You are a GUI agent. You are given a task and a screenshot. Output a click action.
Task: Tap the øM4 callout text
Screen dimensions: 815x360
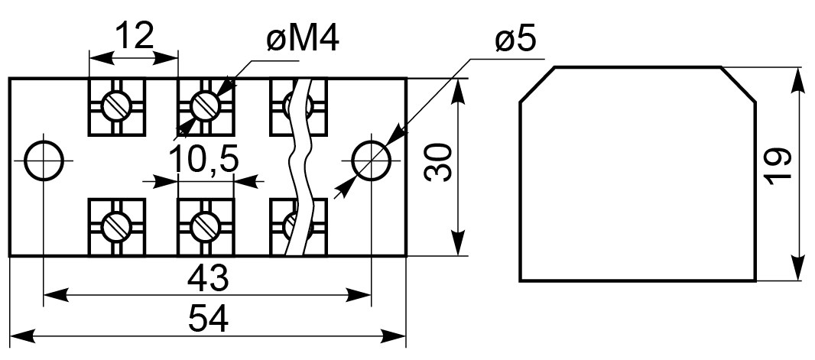(303, 38)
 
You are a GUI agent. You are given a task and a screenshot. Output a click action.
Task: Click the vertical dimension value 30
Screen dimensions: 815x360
(437, 163)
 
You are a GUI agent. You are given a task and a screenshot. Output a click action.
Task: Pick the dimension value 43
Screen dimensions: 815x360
(208, 278)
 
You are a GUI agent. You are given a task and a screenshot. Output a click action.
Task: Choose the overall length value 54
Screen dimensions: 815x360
(208, 319)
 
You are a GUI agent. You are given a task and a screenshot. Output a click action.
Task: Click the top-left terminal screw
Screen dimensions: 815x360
(116, 106)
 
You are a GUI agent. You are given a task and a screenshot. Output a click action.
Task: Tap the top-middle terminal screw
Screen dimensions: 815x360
(206, 106)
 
